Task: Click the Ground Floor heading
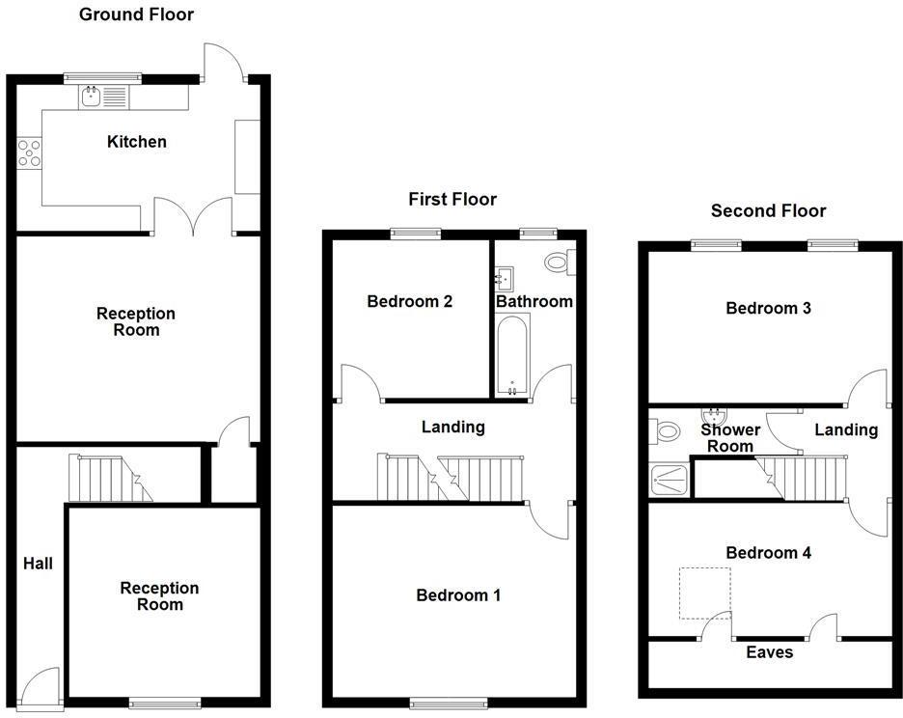136,14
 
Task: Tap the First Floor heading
452,200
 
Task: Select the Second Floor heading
769,210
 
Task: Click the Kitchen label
136,142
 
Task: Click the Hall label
38,564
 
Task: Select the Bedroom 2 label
409,301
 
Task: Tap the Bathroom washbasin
504,278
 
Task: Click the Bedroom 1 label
458,595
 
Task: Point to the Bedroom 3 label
768,309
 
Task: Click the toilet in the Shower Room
665,431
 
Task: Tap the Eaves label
769,652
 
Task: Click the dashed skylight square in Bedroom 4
705,594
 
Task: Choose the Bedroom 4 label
768,553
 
